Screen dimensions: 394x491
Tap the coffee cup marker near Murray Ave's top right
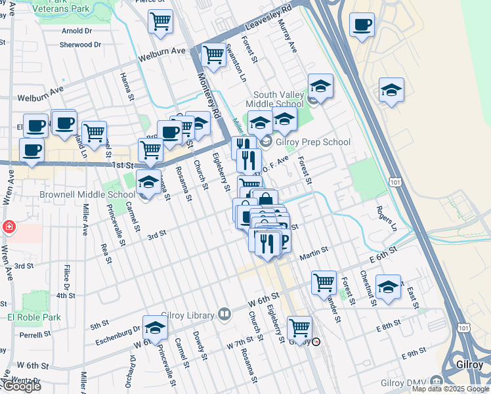tap(362, 26)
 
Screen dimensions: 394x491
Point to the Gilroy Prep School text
tap(313, 142)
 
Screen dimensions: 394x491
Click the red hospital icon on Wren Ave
tap(9, 227)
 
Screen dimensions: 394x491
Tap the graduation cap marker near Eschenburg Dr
tap(155, 328)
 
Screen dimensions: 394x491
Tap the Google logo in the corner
tap(21, 386)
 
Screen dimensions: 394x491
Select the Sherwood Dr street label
tap(80, 45)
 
